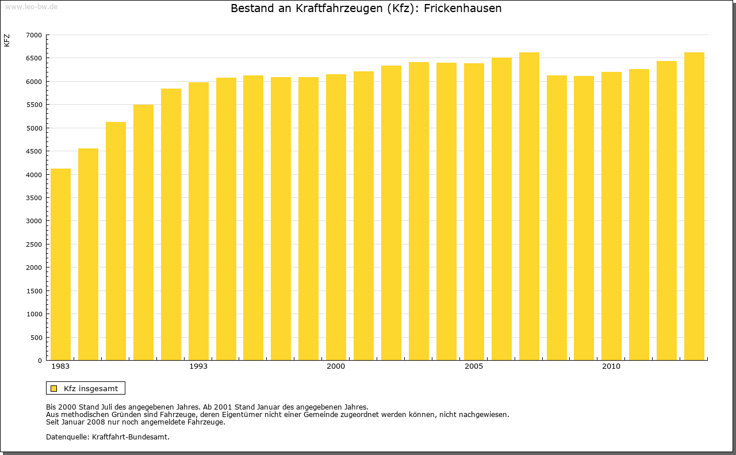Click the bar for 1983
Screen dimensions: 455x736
coord(60,265)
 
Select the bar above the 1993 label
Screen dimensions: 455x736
coord(198,221)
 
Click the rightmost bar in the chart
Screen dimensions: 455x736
coord(694,207)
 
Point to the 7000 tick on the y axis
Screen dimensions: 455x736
coord(34,35)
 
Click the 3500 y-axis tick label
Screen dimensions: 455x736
coord(34,198)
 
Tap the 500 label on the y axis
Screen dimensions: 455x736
coord(36,338)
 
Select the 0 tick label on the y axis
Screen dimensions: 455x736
coord(40,361)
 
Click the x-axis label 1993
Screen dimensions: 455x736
coord(198,366)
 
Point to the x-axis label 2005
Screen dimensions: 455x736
coord(474,366)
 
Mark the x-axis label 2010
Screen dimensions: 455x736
coord(611,366)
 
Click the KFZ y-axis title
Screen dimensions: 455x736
coord(7,40)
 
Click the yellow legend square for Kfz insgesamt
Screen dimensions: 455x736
coord(53,388)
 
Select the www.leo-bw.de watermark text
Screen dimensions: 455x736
coord(31,6)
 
